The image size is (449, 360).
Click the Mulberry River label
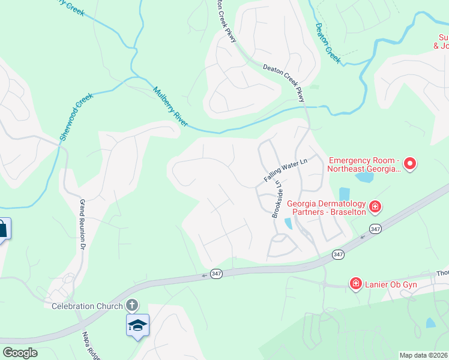point(170,107)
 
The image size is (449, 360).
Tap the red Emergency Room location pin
point(411,163)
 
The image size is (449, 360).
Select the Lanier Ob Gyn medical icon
point(356,283)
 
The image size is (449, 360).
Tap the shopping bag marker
point(2,229)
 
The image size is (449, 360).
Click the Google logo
point(20,353)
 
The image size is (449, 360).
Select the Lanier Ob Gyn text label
point(390,283)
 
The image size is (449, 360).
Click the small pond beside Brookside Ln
point(289,223)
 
